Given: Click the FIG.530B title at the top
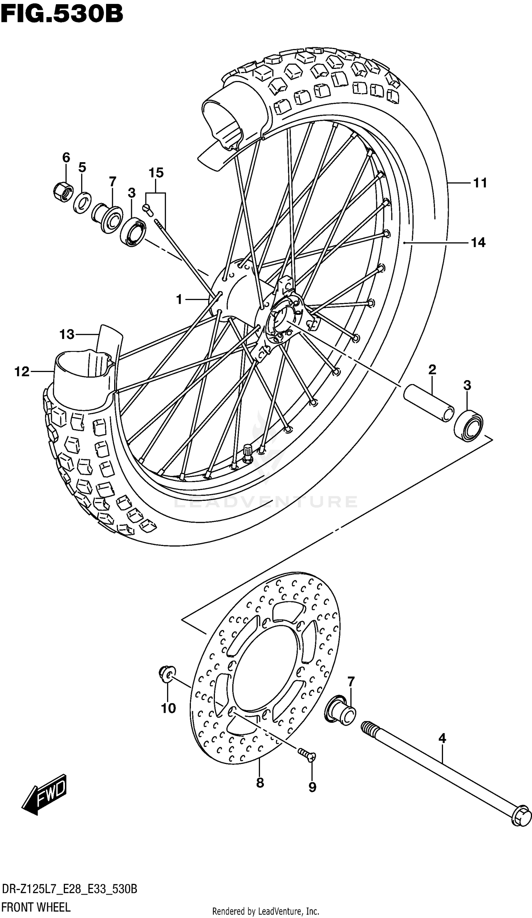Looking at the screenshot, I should click(62, 15).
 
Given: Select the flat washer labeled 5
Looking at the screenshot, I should click(82, 202).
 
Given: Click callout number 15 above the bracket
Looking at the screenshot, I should click(156, 173).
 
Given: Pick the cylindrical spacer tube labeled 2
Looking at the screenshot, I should click(429, 403).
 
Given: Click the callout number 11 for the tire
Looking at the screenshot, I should click(480, 183).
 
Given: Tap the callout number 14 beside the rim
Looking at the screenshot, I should click(478, 242).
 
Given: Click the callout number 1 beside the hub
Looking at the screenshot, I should click(179, 300).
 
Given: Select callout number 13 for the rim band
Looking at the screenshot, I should click(67, 334).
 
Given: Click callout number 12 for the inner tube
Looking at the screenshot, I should click(22, 372).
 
